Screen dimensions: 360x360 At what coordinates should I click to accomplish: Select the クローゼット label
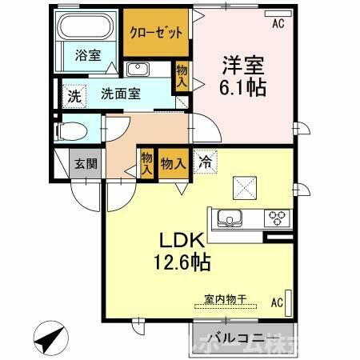click(156, 31)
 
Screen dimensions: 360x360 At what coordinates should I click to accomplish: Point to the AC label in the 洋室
click(278, 24)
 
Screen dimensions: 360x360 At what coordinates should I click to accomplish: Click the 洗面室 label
click(120, 93)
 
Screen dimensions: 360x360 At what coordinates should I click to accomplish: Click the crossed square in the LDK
click(242, 187)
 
